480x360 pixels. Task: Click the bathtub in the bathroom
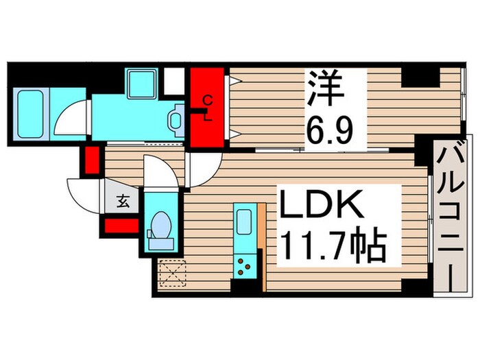pyautogui.click(x=29, y=115)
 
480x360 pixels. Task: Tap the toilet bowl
pyautogui.click(x=161, y=226)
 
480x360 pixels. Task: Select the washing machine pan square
pyautogui.click(x=142, y=84)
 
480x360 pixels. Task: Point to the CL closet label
pyautogui.click(x=208, y=108)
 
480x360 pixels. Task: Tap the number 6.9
pyautogui.click(x=331, y=132)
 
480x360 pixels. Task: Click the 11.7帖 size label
pyautogui.click(x=335, y=245)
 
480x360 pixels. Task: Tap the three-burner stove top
pyautogui.click(x=244, y=266)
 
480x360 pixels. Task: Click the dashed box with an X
pyautogui.click(x=172, y=273)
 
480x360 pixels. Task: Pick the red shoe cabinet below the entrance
pyautogui.click(x=122, y=226)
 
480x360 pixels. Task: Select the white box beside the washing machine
pyautogui.click(x=174, y=81)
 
